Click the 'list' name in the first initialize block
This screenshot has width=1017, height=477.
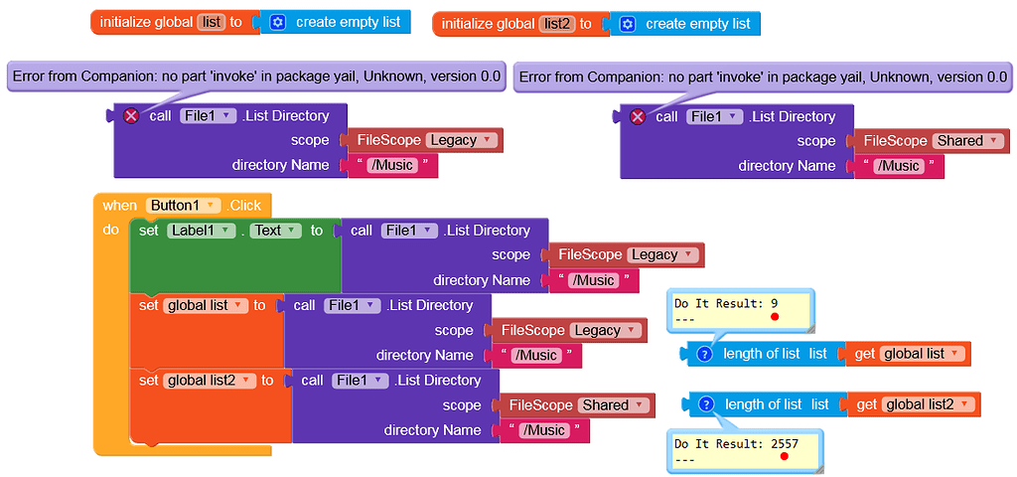point(211,22)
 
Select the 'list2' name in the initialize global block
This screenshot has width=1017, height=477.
point(557,23)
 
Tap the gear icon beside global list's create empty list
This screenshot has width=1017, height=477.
point(277,22)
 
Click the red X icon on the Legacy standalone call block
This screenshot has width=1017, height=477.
point(131,116)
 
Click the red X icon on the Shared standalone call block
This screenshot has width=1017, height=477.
point(638,117)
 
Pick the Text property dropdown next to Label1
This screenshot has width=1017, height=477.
point(276,231)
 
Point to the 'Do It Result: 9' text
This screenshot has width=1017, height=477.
point(725,302)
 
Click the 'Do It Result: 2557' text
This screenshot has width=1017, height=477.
point(735,443)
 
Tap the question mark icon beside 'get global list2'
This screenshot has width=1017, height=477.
point(706,404)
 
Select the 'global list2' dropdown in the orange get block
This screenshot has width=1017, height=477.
point(927,404)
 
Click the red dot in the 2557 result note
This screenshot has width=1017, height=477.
point(784,457)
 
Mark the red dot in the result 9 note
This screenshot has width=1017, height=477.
point(774,316)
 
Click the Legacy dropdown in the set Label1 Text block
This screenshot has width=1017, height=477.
point(662,255)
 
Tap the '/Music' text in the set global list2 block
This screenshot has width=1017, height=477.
point(542,430)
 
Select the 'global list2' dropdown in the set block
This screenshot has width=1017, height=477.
point(211,381)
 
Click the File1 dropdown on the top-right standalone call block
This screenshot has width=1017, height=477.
point(713,117)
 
